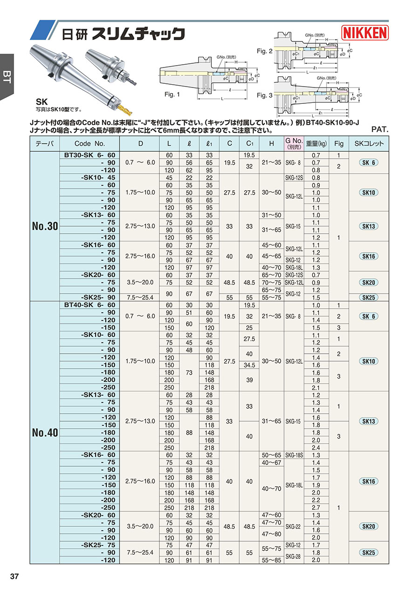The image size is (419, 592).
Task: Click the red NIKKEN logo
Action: pos(365,33)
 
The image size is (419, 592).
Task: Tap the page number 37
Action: pos(14,577)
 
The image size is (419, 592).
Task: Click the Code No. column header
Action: pos(90,144)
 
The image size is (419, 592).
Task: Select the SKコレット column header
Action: pos(369,144)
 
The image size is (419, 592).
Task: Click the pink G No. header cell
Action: pos(294,143)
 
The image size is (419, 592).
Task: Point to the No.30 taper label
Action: pos(45,227)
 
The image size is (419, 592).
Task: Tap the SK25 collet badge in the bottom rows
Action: pos(369,553)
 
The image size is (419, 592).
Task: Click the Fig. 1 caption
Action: pos(172,94)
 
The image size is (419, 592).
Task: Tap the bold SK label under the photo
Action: pos(42,101)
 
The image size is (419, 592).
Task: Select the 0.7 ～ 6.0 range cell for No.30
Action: pos(140,162)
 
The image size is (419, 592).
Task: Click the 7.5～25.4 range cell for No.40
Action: pos(140,553)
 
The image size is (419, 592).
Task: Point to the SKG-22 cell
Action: pos(294,526)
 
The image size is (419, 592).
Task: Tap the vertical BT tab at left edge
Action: pos(7,77)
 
